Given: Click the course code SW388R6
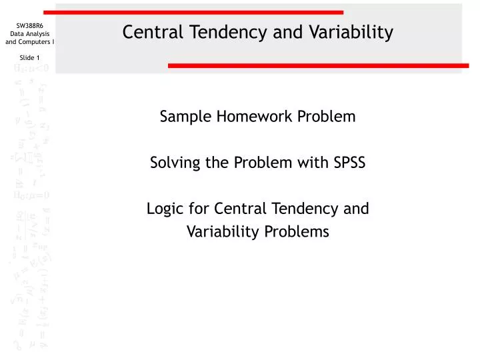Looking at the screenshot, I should [x=30, y=25].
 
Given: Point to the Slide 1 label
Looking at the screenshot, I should [x=30, y=57].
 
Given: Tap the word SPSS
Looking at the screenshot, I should [x=349, y=163].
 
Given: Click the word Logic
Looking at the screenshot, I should [x=163, y=209].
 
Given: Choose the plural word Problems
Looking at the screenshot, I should [x=300, y=232].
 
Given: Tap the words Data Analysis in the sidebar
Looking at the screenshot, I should [x=30, y=34].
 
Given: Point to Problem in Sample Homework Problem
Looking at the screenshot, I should [x=327, y=117].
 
